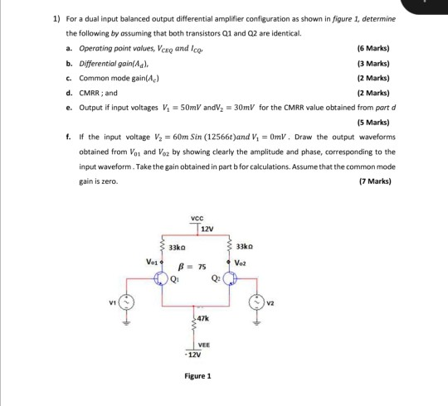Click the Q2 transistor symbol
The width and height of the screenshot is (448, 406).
(x=239, y=278)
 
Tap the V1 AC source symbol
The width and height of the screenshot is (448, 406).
(x=127, y=301)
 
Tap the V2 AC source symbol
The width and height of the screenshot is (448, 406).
(x=269, y=301)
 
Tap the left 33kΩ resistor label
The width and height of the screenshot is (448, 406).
(x=176, y=247)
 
